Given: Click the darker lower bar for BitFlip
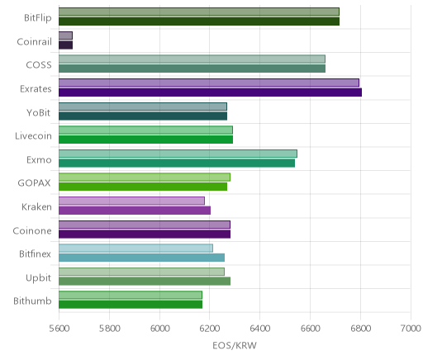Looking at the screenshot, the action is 199,21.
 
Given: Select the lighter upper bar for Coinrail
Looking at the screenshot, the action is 65,36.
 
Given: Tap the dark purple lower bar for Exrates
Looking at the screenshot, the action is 210,92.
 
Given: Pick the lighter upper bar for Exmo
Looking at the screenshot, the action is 178,154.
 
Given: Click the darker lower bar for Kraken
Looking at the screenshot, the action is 135,211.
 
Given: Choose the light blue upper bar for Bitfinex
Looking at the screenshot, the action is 135,248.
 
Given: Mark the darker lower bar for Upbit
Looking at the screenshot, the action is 145,282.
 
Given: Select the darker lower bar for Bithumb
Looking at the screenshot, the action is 131,305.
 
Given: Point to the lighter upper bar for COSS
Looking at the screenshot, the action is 192,59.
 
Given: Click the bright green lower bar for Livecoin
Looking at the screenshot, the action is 145,140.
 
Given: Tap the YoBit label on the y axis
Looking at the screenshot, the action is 38,113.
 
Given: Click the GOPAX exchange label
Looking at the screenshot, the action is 34,183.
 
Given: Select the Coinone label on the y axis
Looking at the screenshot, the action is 32,230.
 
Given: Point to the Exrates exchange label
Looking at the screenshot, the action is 36,89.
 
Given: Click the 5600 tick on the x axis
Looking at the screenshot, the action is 59,328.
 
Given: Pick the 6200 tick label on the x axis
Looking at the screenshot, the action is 210,328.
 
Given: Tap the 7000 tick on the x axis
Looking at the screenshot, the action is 411,328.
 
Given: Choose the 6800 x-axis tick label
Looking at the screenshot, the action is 361,328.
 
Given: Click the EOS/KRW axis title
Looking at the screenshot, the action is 235,345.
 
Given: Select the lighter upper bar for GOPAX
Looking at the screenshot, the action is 145,178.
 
